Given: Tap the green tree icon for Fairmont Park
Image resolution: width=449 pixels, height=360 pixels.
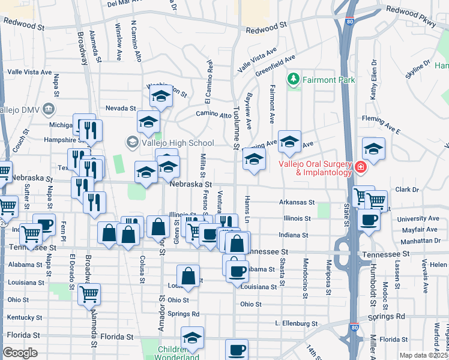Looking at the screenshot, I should tap(294, 79).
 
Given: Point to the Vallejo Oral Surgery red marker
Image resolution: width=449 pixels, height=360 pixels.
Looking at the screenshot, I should tap(360, 167).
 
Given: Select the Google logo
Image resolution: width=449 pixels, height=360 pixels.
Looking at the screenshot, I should tap(20, 353).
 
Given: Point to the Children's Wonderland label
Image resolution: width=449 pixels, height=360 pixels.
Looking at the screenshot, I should tap(179, 353).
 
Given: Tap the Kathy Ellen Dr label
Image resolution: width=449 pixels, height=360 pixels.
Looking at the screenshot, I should tap(373, 88).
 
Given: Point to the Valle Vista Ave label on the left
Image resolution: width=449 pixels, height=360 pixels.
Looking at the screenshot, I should tap(29, 72).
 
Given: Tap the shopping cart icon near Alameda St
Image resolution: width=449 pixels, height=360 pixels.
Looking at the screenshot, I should tap(89, 294).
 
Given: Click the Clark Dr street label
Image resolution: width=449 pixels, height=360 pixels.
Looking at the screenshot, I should tap(406, 190).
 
